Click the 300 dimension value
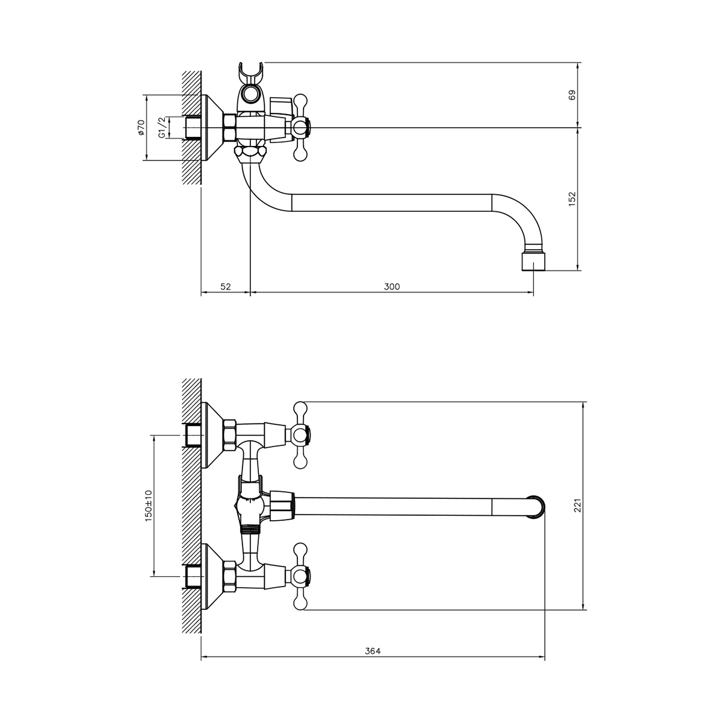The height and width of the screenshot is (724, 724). (x=392, y=287)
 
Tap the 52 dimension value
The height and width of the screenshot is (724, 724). (x=226, y=287)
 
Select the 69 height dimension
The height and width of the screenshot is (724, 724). (x=572, y=95)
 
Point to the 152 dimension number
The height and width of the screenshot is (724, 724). (x=572, y=199)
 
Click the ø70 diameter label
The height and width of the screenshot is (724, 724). (x=141, y=127)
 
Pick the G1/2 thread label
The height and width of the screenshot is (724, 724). (x=162, y=127)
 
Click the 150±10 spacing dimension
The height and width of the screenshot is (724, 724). (x=148, y=506)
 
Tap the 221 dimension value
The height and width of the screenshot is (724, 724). (x=577, y=505)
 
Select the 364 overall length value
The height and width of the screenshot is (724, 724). (x=373, y=652)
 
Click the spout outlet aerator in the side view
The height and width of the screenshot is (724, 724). (x=533, y=261)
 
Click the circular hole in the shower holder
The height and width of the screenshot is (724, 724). (x=250, y=94)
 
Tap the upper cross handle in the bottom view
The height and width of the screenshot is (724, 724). (x=300, y=435)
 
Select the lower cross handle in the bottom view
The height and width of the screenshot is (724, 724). (x=300, y=576)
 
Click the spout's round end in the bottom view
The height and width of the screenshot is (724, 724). (x=536, y=506)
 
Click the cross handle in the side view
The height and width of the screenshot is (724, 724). (x=300, y=128)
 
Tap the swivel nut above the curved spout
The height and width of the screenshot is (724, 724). (x=250, y=152)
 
